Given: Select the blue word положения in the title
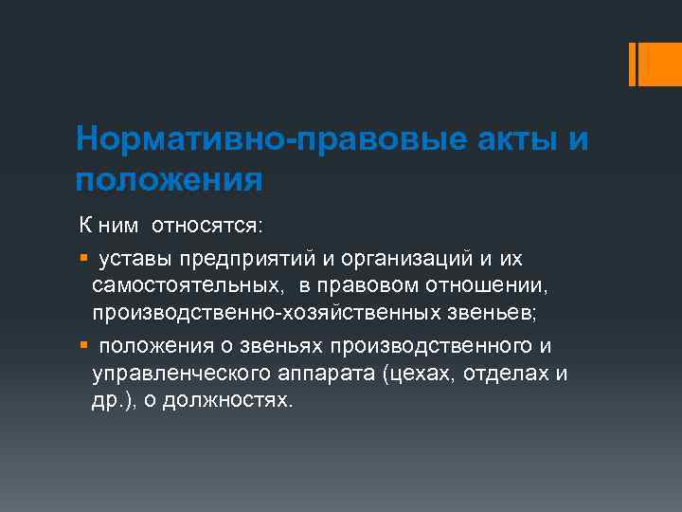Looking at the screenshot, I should [169, 179].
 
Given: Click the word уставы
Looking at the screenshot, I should [135, 259].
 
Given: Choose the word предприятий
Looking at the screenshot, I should [244, 259].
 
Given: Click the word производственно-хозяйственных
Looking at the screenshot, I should [256, 312].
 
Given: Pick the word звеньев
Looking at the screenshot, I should [472, 312].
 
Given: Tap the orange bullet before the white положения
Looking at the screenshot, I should [83, 345].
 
